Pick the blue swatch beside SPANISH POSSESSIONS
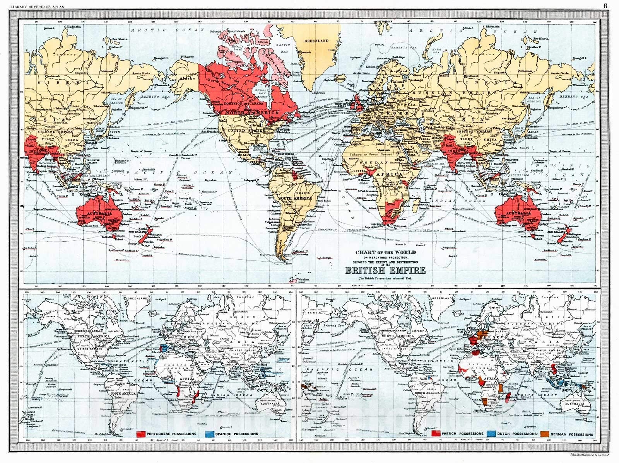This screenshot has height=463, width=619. [210, 434]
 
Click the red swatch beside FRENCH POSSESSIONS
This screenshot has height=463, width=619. [436, 434]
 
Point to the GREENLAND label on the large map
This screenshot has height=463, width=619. [316, 41]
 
